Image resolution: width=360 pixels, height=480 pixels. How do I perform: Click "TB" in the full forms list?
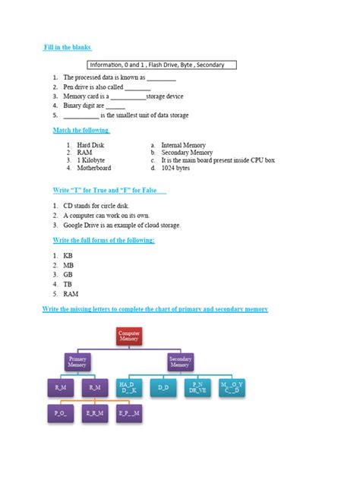pyautogui.click(x=68, y=284)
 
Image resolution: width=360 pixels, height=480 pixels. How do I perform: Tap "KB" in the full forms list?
pyautogui.click(x=68, y=256)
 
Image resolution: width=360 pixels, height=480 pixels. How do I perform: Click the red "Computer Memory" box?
pyautogui.click(x=129, y=336)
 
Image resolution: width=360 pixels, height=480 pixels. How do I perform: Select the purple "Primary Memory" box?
pyautogui.click(x=77, y=362)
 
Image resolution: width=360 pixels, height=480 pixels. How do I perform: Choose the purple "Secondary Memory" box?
pyautogui.click(x=180, y=362)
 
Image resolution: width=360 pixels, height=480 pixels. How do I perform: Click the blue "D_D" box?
pyautogui.click(x=163, y=388)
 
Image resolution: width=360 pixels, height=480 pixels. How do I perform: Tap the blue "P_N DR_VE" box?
pyautogui.click(x=197, y=388)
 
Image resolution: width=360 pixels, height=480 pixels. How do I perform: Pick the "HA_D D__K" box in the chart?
pyautogui.click(x=128, y=388)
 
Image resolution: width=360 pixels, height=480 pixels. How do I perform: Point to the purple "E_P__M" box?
pyautogui.click(x=128, y=414)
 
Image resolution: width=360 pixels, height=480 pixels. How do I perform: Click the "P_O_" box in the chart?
pyautogui.click(x=61, y=414)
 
